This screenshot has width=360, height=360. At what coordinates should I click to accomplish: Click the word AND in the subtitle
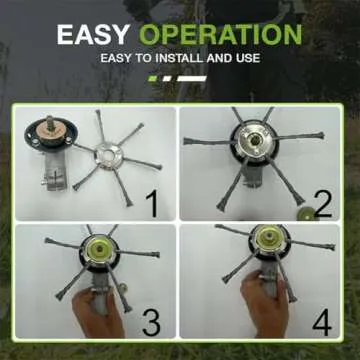pos(217,58)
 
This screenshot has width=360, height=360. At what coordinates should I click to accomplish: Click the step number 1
pos(152,205)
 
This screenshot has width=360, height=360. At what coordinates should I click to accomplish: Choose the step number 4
pos(322,322)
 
